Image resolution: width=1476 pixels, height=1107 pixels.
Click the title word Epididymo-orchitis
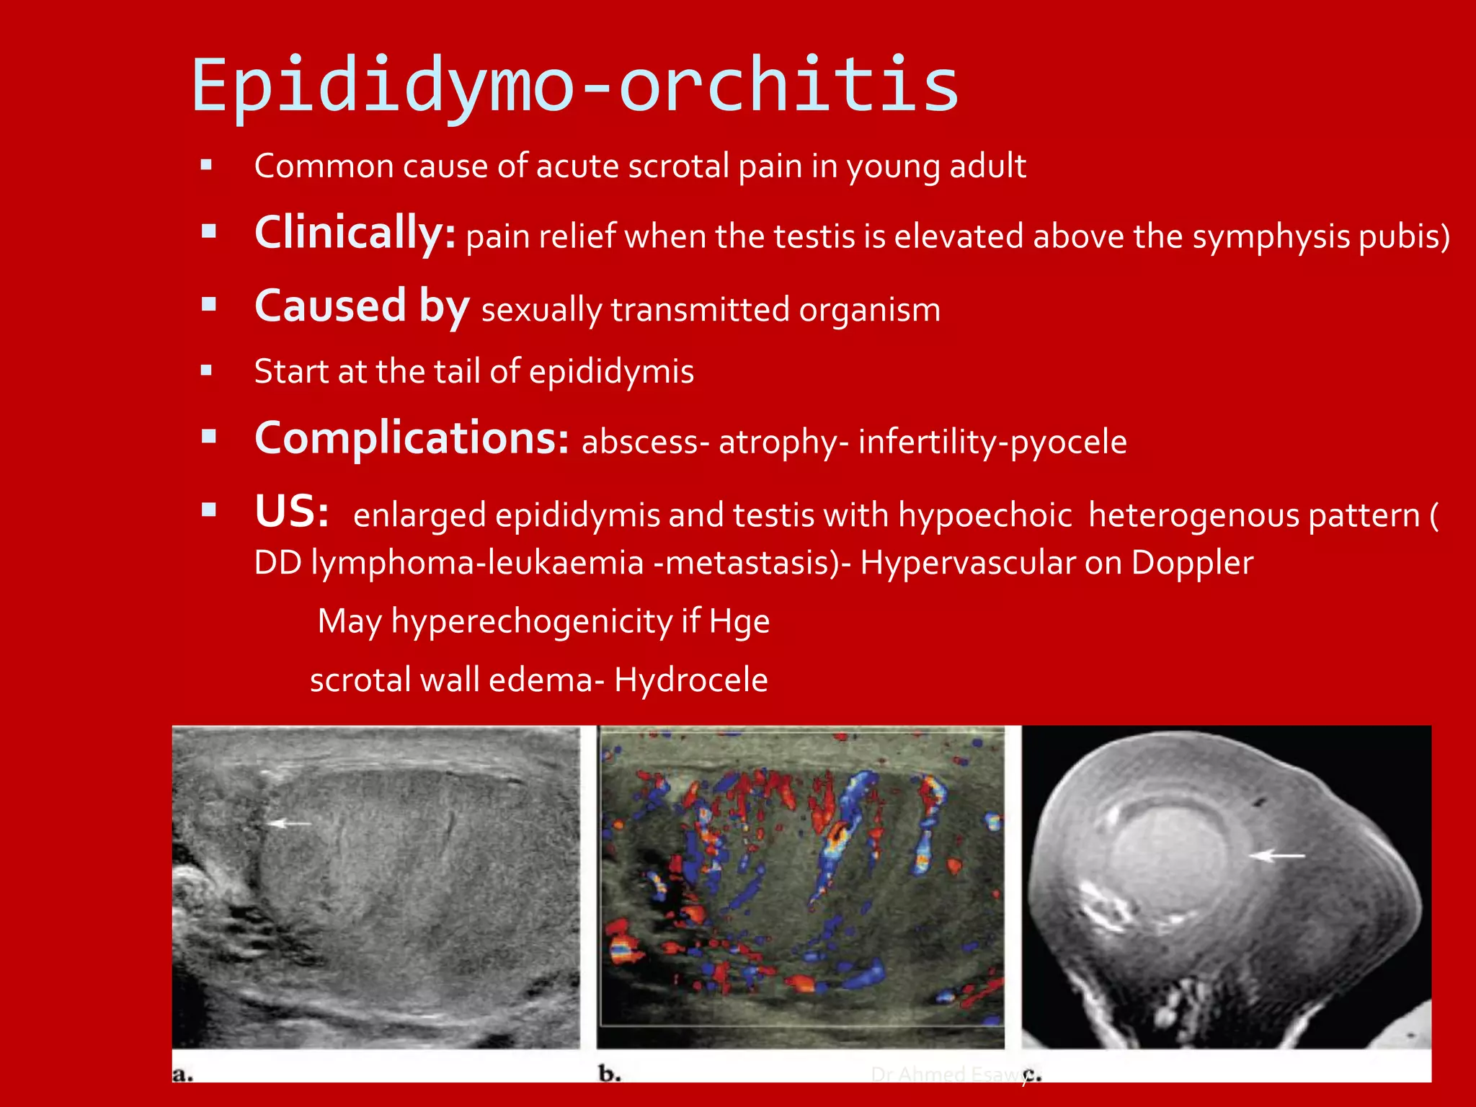575,86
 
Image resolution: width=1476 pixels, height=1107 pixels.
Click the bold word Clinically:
355,233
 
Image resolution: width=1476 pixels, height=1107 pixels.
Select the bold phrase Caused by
362,306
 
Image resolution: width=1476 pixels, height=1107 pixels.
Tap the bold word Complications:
412,438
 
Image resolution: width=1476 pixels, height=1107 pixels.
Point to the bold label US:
292,512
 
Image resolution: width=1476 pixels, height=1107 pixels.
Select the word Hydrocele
690,680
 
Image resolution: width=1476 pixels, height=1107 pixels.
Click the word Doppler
1192,563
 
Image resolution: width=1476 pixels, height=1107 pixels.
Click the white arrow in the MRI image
1276,855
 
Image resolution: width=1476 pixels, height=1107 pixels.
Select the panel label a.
182,1074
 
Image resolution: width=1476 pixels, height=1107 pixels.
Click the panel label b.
609,1074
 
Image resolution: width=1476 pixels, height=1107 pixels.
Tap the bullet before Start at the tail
207,371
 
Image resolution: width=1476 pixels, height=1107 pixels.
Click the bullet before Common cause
207,165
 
